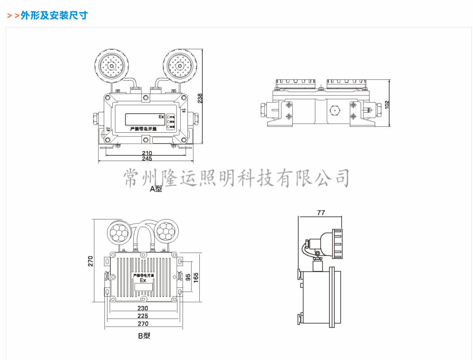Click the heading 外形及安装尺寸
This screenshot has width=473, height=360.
point(53,16)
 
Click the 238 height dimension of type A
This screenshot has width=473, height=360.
point(200,98)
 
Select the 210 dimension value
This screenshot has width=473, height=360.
point(146,153)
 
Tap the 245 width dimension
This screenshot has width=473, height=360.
point(146,159)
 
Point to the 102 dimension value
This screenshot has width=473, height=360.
point(387,104)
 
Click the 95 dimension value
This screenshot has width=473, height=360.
point(188,277)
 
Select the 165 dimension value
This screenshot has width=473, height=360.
point(196,277)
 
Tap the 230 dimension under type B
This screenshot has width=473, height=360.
point(143,308)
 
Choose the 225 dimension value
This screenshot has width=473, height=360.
point(143,316)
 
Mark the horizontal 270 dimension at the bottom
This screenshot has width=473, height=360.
point(143,324)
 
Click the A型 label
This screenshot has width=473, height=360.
point(156,188)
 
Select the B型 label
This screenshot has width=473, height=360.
point(144,336)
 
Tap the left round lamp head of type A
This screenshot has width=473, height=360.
point(111,65)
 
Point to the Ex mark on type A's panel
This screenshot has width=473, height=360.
point(161,117)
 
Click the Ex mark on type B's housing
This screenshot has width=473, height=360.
point(143,281)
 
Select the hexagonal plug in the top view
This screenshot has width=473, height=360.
point(334,110)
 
